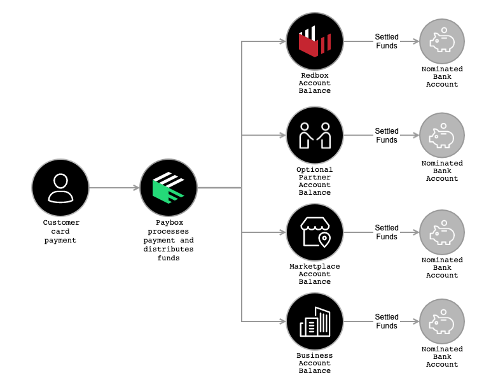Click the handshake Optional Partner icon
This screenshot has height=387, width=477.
(x=315, y=135)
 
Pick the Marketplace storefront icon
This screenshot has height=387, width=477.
(x=315, y=232)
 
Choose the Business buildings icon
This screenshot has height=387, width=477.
(x=315, y=321)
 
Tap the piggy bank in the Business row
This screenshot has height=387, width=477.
(x=442, y=323)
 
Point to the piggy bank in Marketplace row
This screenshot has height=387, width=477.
(x=442, y=234)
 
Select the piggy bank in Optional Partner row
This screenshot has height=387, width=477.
(x=442, y=136)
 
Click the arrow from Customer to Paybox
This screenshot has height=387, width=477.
(x=114, y=188)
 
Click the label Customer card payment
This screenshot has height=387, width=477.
(x=61, y=231)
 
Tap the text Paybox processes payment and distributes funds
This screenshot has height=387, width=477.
(x=169, y=240)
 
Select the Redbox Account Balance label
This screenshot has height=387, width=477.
(x=315, y=83)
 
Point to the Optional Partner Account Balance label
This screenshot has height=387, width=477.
(x=315, y=181)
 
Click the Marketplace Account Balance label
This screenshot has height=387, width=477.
(x=315, y=274)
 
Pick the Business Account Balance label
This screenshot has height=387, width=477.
(x=315, y=363)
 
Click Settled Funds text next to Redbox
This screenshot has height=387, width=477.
(x=387, y=41)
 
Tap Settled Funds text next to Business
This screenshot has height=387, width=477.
(x=387, y=321)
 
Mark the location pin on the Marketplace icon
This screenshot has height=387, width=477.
(x=325, y=240)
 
